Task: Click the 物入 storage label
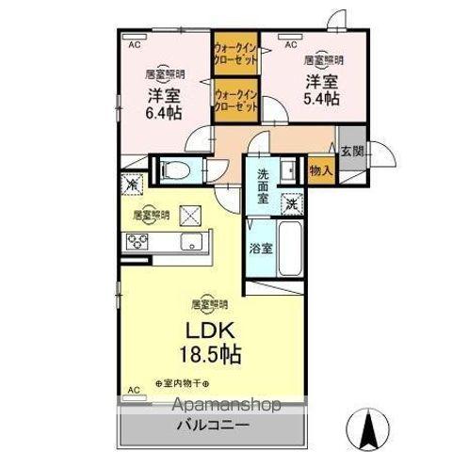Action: coord(320,170)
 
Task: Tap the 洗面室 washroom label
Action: coord(263,186)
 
